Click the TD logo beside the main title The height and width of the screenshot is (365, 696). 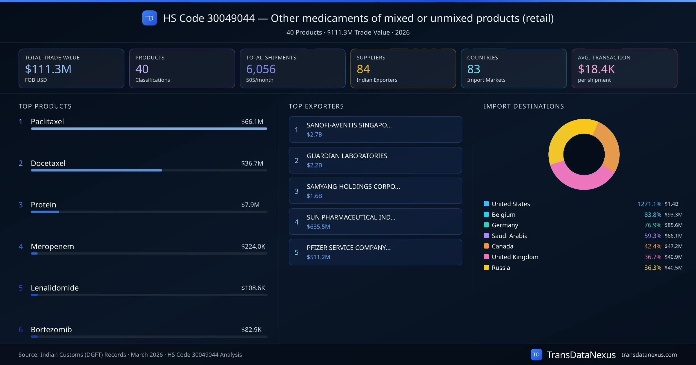pos(149,18)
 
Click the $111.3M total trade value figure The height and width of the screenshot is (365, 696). pos(48,69)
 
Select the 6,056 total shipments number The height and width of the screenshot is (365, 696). pos(261,69)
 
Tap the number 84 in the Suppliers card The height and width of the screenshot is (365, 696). pos(363,69)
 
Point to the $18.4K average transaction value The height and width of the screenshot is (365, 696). pos(596,69)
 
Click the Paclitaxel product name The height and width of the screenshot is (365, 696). pos(47,122)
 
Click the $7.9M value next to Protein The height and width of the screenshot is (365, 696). pos(250,205)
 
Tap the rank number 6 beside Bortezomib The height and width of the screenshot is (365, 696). pos(21,330)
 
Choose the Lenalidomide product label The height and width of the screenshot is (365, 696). pos(55,288)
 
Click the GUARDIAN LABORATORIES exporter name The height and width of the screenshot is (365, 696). pos(347,156)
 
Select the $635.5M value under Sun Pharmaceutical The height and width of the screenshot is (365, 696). pos(318,227)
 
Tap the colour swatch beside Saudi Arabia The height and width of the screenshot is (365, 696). pos(486,236)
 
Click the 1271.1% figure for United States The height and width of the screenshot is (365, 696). pos(649,204)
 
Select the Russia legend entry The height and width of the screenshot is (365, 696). pos(501,268)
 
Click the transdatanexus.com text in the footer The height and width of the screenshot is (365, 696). pos(649,355)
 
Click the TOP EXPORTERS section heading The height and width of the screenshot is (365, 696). pos(316,106)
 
